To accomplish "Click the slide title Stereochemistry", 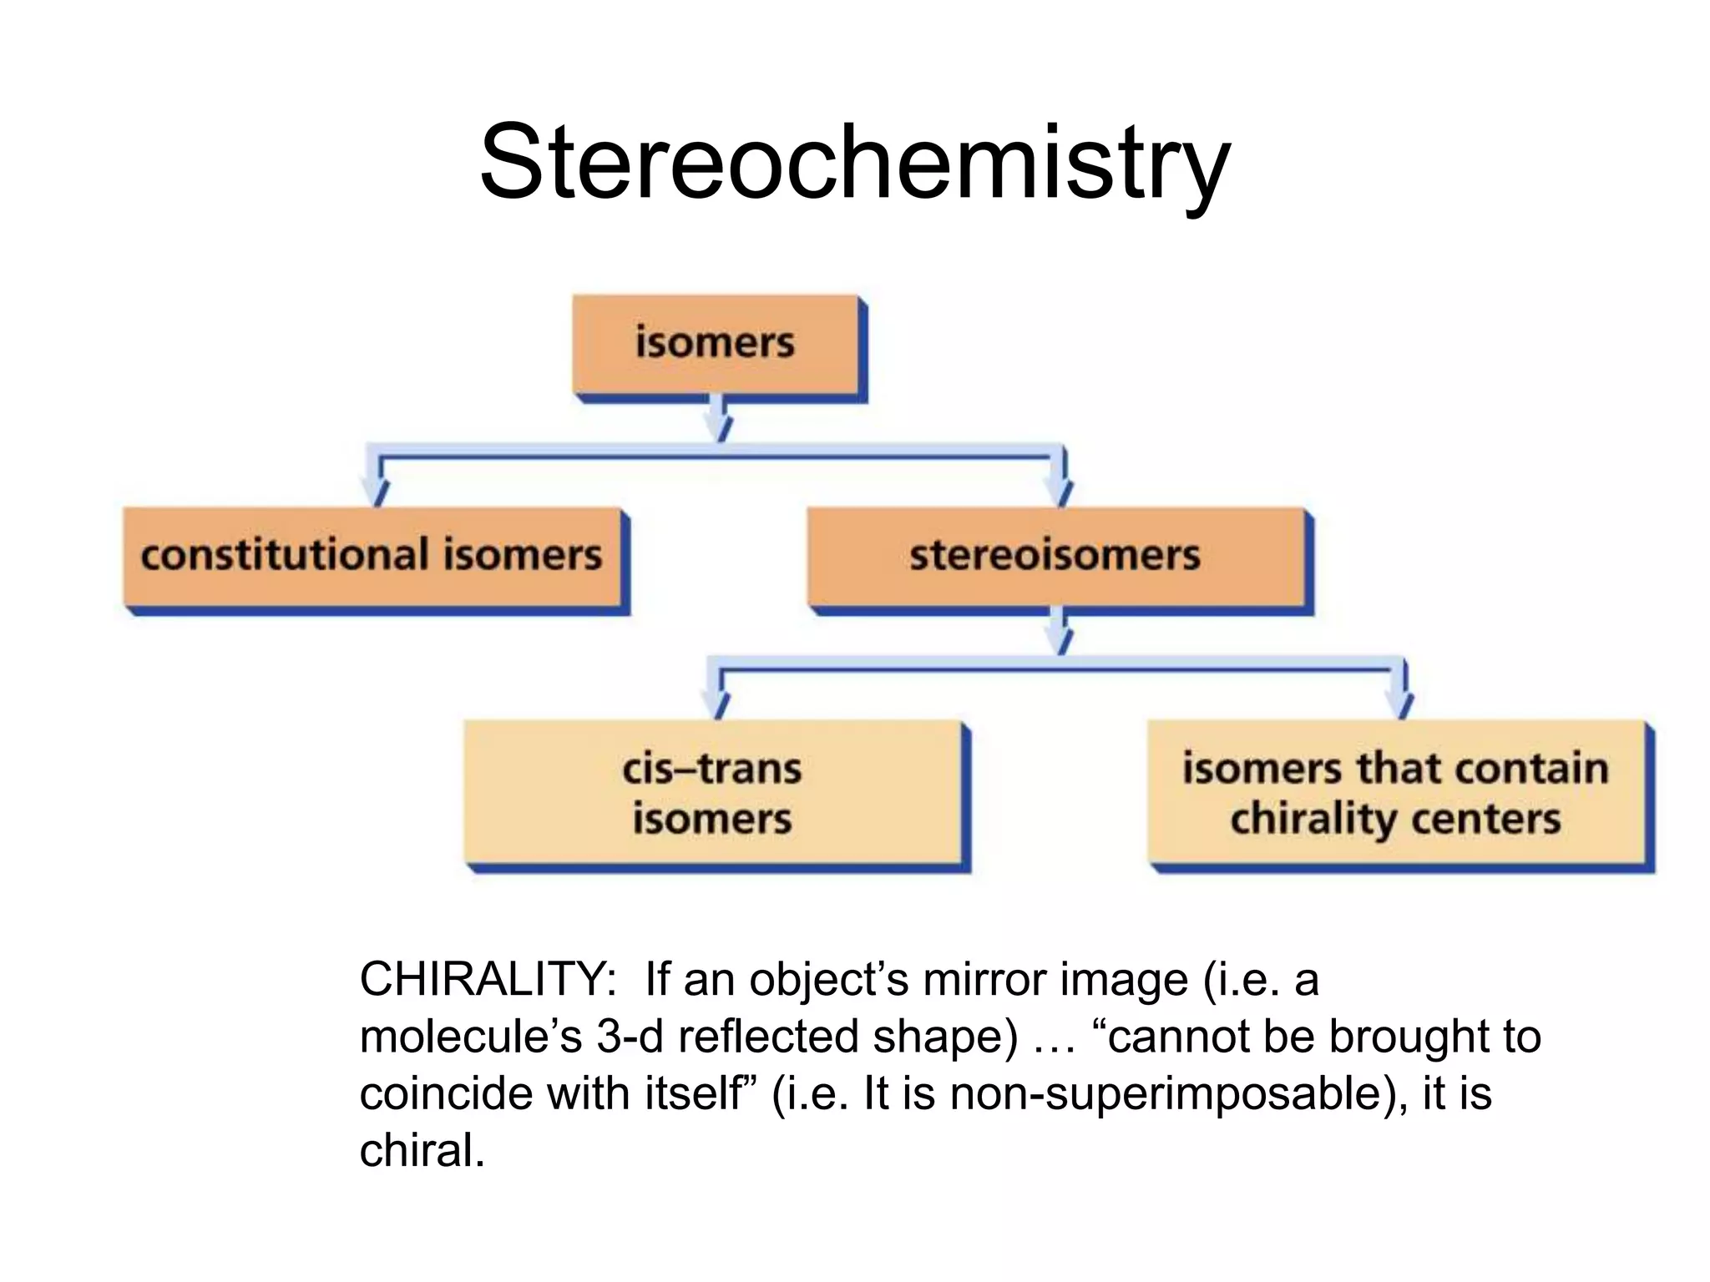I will [854, 163].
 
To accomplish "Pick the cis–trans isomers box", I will [712, 793].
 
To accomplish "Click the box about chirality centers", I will [1396, 793].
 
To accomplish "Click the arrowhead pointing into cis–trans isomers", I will [716, 704].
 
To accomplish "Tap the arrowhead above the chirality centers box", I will [1403, 704].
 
